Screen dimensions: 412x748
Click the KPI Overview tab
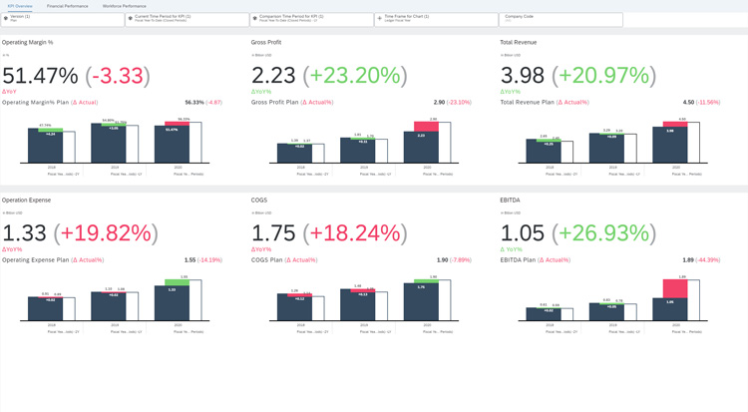(20, 6)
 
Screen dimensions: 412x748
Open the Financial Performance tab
(68, 6)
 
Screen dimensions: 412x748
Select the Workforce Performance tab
(125, 6)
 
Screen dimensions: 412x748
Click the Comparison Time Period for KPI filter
(311, 19)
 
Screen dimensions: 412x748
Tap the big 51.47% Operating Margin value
(40, 76)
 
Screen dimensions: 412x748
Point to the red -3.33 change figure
(119, 76)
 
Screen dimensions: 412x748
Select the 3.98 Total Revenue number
(524, 76)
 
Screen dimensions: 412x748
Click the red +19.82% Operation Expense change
(108, 233)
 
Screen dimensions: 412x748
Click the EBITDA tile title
(511, 201)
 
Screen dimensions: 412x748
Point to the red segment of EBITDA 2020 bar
(675, 289)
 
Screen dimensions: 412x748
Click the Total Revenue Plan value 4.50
(688, 102)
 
